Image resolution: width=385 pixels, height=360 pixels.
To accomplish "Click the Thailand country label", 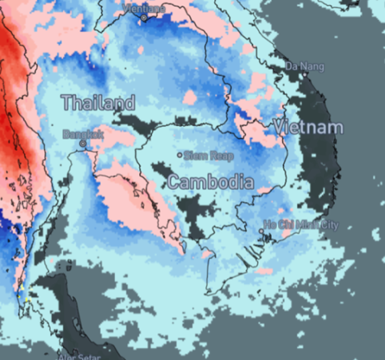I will point(98,103).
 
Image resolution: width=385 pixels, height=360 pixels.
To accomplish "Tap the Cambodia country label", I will point(210,182).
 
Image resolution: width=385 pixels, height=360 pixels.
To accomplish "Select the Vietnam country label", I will point(308,127).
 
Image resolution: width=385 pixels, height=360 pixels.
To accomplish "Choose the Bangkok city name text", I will point(85,135).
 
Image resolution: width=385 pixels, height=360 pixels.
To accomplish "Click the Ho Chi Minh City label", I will point(301,225).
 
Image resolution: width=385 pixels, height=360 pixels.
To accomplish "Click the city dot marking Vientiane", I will point(145,17).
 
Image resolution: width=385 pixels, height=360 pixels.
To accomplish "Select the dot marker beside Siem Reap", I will point(180,155).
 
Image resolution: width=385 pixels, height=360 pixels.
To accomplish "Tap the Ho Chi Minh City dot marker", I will point(261,231).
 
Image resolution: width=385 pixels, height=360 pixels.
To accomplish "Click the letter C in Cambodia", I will point(173,182).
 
